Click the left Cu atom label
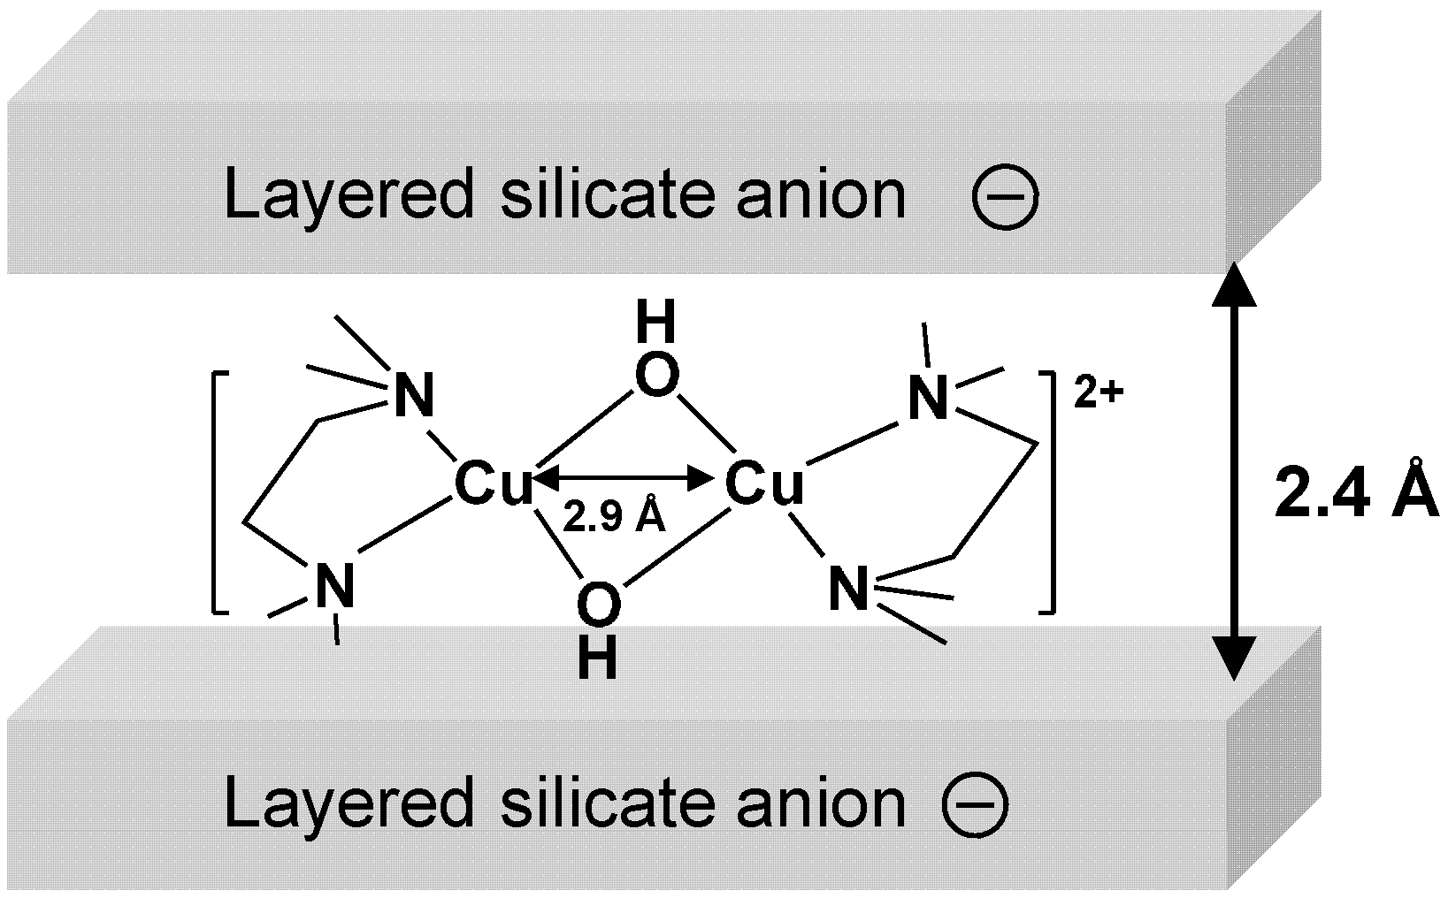pyautogui.click(x=494, y=484)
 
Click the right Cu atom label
pyautogui.click(x=764, y=484)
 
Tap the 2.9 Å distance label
pyautogui.click(x=614, y=518)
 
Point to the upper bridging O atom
pyautogui.click(x=657, y=377)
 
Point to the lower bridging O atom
pyautogui.click(x=599, y=605)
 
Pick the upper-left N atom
pyautogui.click(x=414, y=397)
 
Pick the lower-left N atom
pyautogui.click(x=336, y=584)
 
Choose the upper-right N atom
pyautogui.click(x=928, y=400)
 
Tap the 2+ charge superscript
pyautogui.click(x=1098, y=393)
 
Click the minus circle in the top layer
pyautogui.click(x=1005, y=198)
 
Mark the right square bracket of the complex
pyautogui.click(x=1049, y=491)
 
